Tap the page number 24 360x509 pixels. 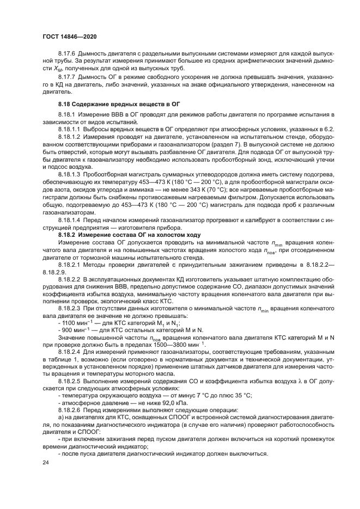(45, 462)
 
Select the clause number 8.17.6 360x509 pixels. (68, 53)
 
